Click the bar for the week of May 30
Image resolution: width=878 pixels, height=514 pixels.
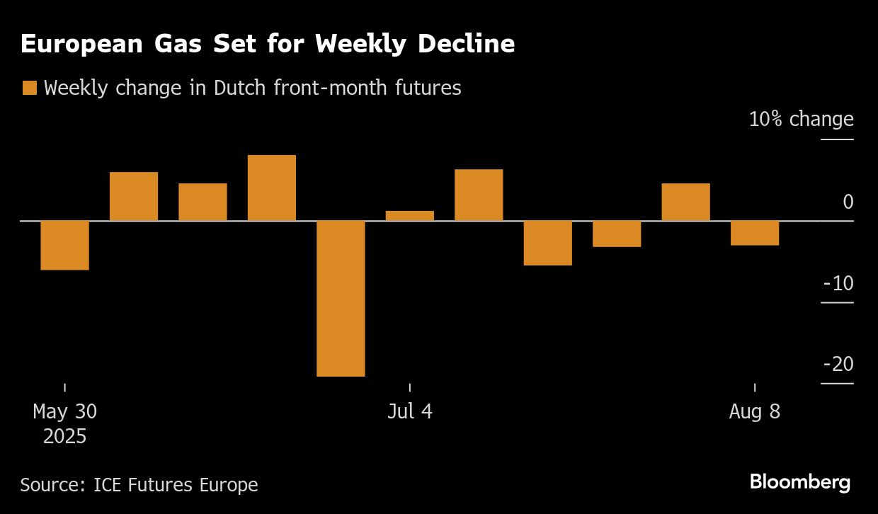[x=64, y=245]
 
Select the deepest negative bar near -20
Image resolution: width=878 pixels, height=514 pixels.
[x=341, y=298]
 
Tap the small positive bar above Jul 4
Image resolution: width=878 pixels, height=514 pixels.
[x=410, y=216]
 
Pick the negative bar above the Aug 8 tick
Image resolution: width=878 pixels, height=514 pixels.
[x=755, y=233]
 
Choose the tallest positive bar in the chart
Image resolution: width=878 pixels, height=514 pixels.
[x=272, y=188]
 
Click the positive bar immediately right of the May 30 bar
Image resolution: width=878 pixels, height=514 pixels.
[x=134, y=196]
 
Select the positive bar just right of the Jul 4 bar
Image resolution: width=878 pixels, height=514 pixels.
[x=479, y=195]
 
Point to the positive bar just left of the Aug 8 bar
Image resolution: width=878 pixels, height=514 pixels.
[x=685, y=202]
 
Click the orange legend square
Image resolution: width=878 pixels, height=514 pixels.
[x=30, y=88]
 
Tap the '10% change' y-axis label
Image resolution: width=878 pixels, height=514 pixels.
[x=801, y=119]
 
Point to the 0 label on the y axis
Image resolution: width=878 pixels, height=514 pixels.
[x=848, y=202]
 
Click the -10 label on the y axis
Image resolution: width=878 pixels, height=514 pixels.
[x=838, y=284]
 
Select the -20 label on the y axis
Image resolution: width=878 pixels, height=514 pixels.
[x=838, y=365]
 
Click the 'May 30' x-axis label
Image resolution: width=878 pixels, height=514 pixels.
[x=64, y=411]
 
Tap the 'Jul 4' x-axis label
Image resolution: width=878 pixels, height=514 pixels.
[x=409, y=411]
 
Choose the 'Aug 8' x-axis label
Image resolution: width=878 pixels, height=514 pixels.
[x=754, y=411]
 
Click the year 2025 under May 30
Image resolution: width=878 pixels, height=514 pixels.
[x=64, y=435]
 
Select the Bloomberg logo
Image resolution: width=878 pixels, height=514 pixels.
[x=799, y=483]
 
